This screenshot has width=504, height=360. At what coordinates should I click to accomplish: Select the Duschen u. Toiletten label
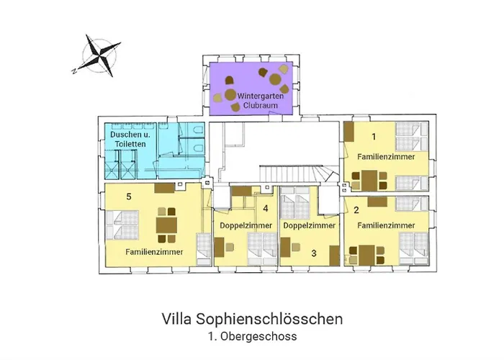pos(130,140)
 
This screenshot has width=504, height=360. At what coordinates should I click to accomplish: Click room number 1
pos(373,135)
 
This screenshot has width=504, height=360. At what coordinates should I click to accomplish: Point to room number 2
pos(356,210)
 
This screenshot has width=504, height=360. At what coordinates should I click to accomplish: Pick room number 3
pos(313,253)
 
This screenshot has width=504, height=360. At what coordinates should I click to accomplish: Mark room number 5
pos(128,196)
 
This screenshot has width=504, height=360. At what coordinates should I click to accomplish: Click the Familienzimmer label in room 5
pos(153,252)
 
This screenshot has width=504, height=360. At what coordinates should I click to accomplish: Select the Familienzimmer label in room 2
pos(386,225)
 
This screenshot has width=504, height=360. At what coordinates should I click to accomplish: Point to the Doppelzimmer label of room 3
pos(310,225)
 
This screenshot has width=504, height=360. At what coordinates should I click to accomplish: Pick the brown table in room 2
pos(366,253)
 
